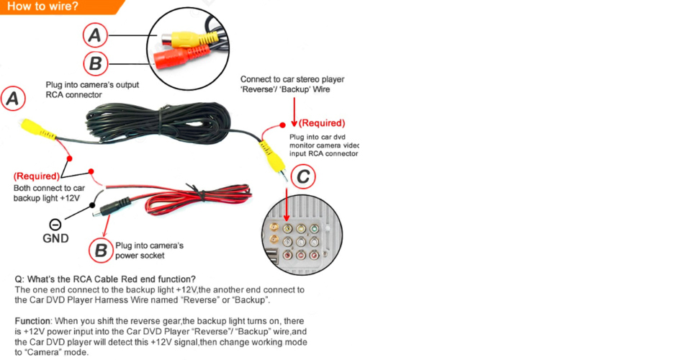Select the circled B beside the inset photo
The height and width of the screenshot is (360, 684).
(95, 63)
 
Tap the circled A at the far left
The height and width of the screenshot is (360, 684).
(13, 99)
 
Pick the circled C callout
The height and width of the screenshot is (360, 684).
(304, 176)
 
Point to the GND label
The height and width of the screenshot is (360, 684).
(55, 238)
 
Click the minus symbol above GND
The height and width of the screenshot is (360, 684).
(55, 224)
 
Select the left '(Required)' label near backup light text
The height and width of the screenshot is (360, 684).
(36, 176)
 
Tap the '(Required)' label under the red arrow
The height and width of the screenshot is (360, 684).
(321, 123)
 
